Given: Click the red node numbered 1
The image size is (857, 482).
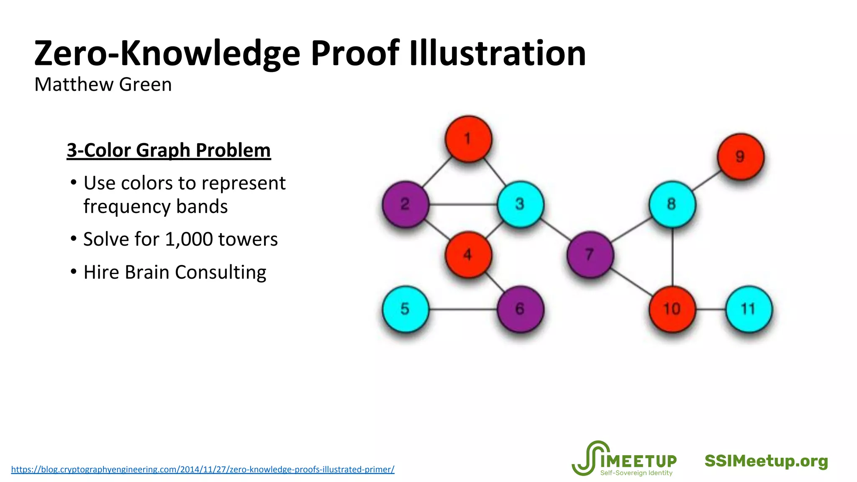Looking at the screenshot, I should click(468, 139).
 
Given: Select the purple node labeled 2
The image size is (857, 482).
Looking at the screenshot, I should click(405, 204).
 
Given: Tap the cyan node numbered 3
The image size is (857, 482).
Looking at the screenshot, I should click(520, 204).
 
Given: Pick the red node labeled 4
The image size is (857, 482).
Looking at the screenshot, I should click(468, 254).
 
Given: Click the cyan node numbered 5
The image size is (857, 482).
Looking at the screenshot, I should click(405, 309).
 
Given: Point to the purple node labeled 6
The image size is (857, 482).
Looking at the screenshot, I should click(520, 309).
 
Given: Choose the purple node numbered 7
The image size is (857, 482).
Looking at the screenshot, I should click(590, 254).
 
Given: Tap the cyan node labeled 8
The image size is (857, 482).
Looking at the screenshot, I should click(672, 204).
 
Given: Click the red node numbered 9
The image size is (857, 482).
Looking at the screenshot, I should click(740, 157).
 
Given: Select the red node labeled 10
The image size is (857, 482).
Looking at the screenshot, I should click(672, 309).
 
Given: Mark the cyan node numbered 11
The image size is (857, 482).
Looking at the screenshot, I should click(749, 309).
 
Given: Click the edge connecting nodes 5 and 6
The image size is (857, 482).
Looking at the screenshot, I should click(463, 310).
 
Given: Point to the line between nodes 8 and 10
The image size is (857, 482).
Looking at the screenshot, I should click(672, 257).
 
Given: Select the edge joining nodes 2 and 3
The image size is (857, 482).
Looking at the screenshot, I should click(463, 205).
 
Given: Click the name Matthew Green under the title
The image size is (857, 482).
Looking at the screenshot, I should click(103, 85).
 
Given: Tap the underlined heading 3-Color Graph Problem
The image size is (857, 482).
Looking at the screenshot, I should click(169, 150).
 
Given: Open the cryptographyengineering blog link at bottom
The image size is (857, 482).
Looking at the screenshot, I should click(203, 469).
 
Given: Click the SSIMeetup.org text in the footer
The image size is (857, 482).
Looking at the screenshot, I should click(766, 461).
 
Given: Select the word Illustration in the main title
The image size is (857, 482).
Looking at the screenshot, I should click(497, 53).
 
